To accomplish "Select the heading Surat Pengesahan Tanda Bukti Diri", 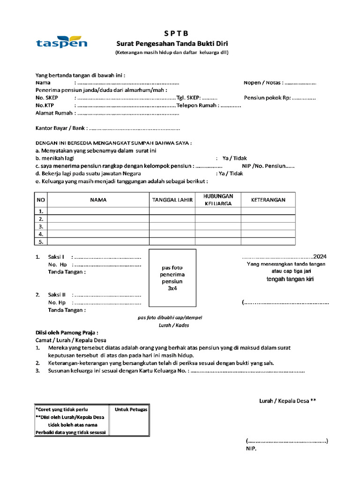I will pos(172,44).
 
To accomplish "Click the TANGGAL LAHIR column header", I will pos(172,200).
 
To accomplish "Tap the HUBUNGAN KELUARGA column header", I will pos(218,200).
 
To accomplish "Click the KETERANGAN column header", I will pos(268,200).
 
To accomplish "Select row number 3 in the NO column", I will pos(41,226).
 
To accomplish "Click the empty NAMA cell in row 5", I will pos(98,242).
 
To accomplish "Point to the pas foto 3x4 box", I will pos(172,277).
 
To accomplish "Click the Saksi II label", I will pos(57,295).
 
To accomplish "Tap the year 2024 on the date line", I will pos(320,257).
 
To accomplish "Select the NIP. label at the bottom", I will pos(251,448).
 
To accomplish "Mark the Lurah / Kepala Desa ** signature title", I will pos(288,401).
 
